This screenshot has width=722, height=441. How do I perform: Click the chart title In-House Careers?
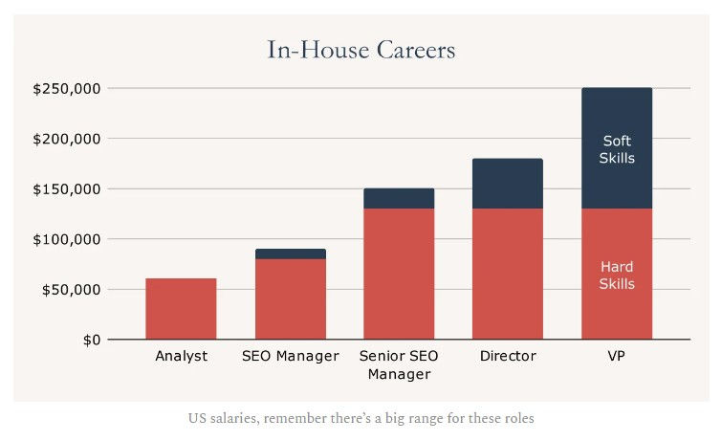click(x=361, y=50)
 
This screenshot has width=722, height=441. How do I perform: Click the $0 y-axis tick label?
click(x=91, y=340)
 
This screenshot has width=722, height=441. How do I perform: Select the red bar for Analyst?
click(x=181, y=308)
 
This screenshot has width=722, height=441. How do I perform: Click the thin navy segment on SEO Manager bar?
click(x=291, y=254)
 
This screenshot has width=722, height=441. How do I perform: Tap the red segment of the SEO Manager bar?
click(x=291, y=298)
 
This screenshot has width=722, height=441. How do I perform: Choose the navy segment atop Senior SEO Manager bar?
click(x=399, y=198)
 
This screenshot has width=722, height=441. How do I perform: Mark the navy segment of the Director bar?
click(x=508, y=184)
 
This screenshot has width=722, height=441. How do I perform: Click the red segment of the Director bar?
click(x=508, y=274)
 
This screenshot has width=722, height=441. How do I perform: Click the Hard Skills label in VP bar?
click(x=618, y=276)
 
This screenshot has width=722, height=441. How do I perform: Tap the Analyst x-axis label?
click(x=181, y=357)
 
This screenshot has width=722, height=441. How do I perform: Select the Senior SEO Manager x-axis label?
click(x=399, y=364)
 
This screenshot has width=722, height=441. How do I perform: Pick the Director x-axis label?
click(x=508, y=357)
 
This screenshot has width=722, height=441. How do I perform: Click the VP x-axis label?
click(x=618, y=357)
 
